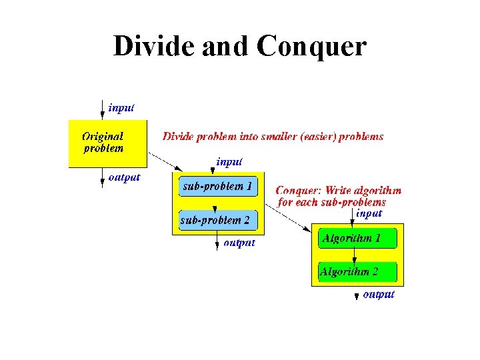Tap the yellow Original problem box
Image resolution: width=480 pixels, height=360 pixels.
coord(107,143)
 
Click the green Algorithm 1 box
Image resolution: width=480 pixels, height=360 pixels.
coord(357,238)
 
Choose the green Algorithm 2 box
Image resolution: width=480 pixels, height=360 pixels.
coord(357,271)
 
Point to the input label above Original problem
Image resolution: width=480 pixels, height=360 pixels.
coord(121,108)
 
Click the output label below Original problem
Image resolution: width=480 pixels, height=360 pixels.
coord(124,177)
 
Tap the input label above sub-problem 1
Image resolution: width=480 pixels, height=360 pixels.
coord(229,161)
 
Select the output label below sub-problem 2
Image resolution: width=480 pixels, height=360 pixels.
coord(239,243)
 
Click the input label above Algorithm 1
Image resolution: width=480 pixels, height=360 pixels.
coord(369,213)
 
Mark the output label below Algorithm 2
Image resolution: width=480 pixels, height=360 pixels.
coord(379,294)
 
